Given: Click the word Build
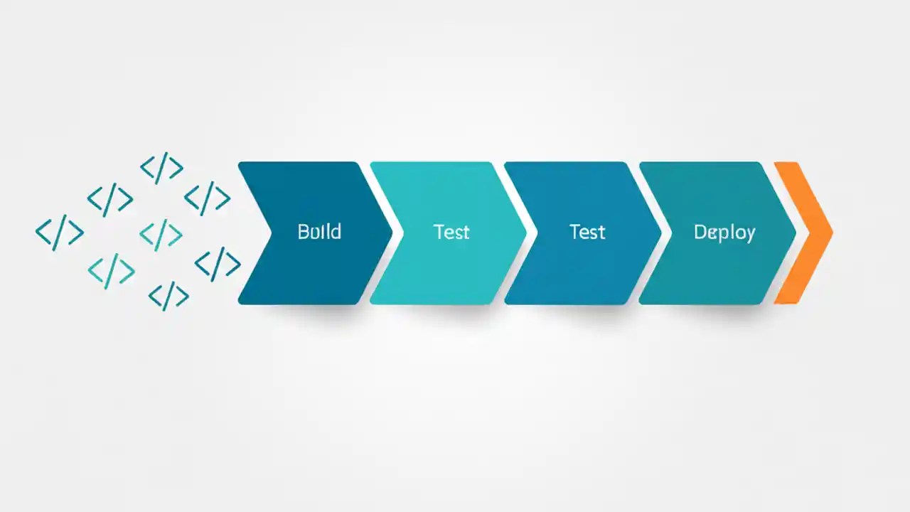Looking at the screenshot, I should [319, 232].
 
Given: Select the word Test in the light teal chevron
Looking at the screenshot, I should [451, 232].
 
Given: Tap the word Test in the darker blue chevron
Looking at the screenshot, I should [587, 232].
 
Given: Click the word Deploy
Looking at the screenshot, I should [724, 233].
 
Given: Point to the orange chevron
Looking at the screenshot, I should [807, 233].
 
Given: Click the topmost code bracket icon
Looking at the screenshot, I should [162, 168].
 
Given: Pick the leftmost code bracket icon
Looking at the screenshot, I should [60, 232].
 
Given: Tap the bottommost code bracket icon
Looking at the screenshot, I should [168, 296].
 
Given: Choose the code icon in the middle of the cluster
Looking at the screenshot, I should [161, 233].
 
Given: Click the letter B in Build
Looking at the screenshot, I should [303, 232].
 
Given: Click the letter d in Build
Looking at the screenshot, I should [336, 232].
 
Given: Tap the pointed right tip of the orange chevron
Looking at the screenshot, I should [832, 233].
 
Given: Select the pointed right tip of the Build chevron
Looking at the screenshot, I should [392, 233].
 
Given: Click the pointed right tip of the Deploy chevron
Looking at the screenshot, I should [796, 233].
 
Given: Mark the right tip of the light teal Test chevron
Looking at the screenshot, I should [526, 233].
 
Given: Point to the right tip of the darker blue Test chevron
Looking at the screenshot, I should [661, 233].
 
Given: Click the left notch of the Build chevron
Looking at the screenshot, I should [270, 233].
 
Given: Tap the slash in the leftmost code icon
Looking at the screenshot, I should [60, 232].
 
